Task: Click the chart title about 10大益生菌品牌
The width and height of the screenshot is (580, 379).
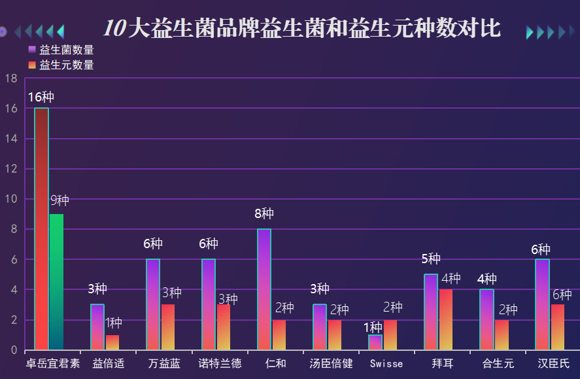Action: coord(302,29)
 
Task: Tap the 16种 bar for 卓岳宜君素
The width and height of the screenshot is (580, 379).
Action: coord(41,229)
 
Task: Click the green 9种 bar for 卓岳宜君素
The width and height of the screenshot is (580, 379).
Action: coord(57,281)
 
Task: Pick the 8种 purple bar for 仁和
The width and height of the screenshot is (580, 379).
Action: coord(264,289)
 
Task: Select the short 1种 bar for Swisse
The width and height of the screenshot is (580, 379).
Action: coord(375,342)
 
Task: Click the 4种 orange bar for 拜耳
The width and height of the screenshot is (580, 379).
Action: coord(446,319)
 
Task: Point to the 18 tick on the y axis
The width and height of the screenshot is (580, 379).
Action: coord(10,78)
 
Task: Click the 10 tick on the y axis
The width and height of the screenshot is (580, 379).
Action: coord(10,199)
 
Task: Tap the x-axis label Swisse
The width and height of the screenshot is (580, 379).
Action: coord(386,363)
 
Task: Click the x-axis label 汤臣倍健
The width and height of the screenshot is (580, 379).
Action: coord(331,363)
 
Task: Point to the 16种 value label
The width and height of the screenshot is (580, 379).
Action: coord(41,98)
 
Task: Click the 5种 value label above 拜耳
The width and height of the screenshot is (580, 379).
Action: coord(430,259)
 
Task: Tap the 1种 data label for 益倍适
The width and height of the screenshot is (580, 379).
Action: coord(114,323)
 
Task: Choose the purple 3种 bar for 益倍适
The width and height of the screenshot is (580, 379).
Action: coord(97,327)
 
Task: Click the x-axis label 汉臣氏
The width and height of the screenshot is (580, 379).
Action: coord(553,363)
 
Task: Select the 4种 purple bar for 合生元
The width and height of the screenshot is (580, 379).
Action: coord(486,319)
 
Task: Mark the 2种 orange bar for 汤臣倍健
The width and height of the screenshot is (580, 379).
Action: coord(335,334)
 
